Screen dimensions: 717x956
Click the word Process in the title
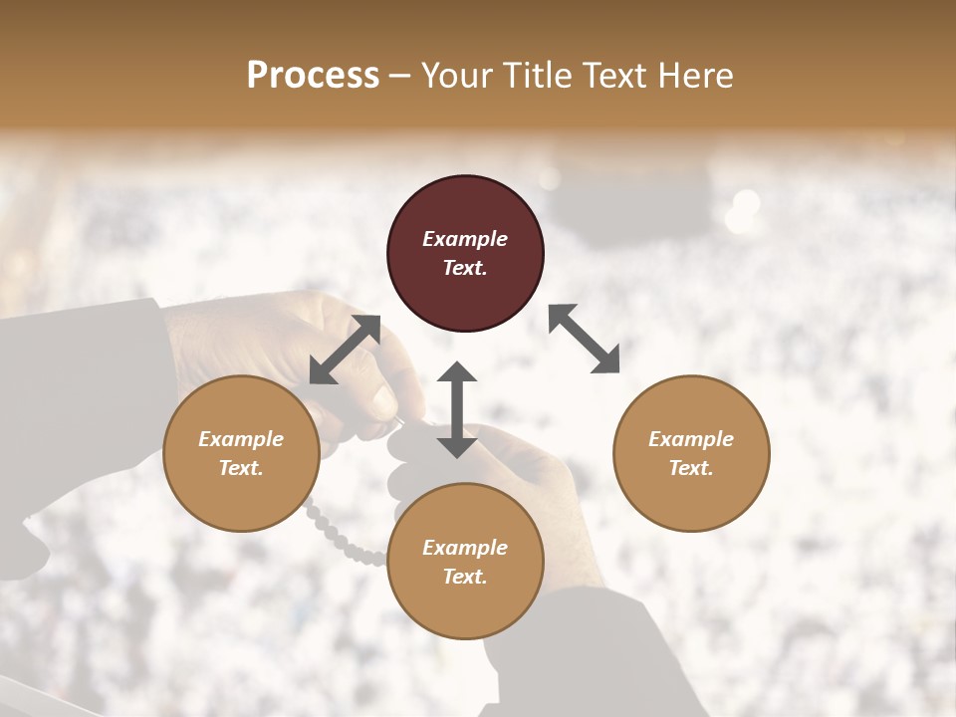click(x=313, y=76)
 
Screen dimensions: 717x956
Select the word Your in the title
click(x=454, y=76)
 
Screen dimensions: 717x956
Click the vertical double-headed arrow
click(x=456, y=409)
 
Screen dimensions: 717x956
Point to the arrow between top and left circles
click(x=346, y=350)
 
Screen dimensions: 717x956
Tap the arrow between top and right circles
click(x=585, y=339)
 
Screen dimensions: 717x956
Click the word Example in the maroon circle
click(x=465, y=239)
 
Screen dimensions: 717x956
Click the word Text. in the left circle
click(x=241, y=468)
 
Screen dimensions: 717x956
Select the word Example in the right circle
click(x=691, y=439)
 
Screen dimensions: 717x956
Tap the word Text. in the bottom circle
click(x=465, y=577)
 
